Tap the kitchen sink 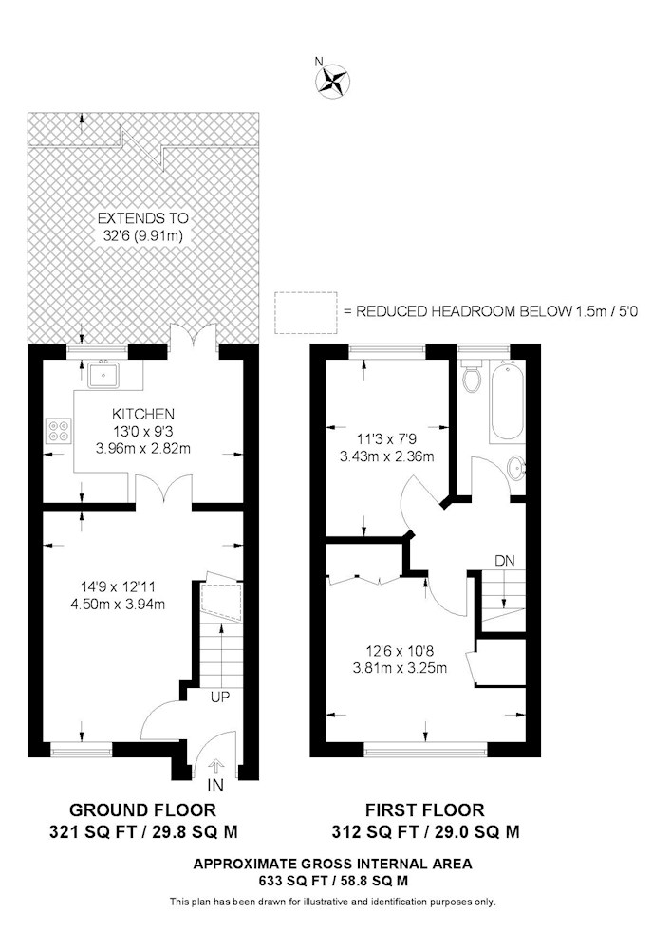(105, 374)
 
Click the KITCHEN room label (142, 414)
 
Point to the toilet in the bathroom (472, 374)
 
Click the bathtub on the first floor (506, 400)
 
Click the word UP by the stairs (219, 698)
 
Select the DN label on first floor (505, 561)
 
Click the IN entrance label (214, 786)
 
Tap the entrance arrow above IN (216, 767)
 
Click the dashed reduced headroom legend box (306, 312)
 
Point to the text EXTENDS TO (142, 218)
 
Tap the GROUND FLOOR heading (142, 809)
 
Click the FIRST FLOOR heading (425, 809)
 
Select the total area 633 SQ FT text (332, 881)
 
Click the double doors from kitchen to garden (193, 336)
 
